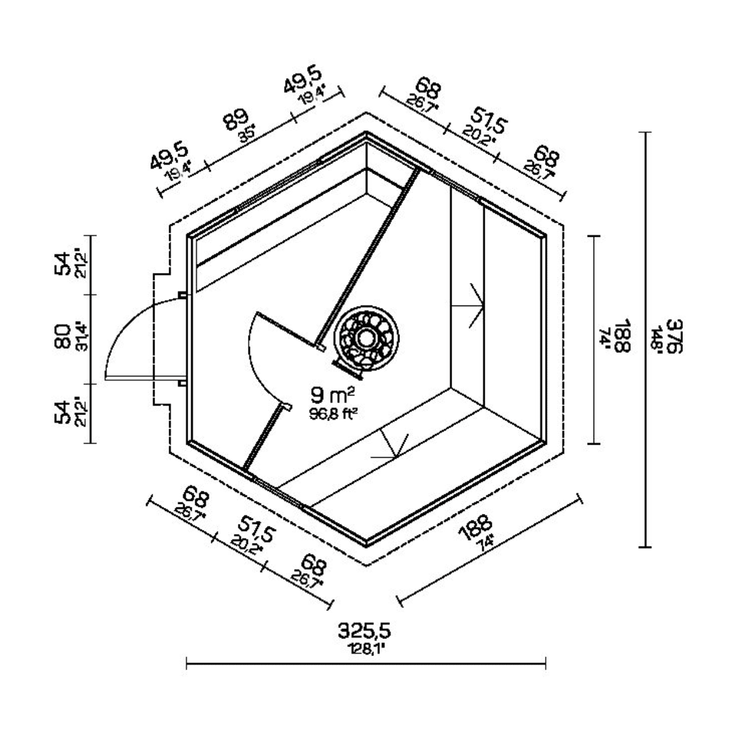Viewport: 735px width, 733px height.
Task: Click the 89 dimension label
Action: (236, 119)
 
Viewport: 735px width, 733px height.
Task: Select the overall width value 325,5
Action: (365, 631)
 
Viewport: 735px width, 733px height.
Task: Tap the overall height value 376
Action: (675, 336)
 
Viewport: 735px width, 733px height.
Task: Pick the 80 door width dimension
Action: (63, 337)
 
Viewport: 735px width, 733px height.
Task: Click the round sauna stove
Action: (366, 338)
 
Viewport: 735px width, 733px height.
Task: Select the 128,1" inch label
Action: (365, 649)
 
